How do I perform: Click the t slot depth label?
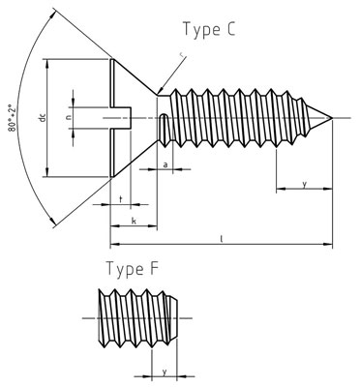pos(119,198)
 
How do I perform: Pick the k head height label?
pos(133,222)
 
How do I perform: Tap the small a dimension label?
pos(165,165)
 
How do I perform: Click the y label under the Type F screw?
pos(165,371)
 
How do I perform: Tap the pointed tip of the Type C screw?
pos(333,119)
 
